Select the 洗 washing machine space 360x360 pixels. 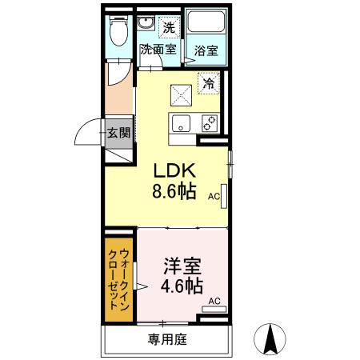[x=168, y=27]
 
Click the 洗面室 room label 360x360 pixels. [x=159, y=49]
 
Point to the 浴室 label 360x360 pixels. [x=206, y=50]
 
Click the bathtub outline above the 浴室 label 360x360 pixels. [x=206, y=24]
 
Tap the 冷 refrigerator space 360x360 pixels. [x=208, y=82]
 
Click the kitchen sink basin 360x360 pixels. [x=181, y=123]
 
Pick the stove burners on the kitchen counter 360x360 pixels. [x=209, y=123]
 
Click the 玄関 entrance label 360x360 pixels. [x=118, y=133]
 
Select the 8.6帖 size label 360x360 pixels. [x=175, y=193]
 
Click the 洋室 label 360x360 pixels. [x=182, y=265]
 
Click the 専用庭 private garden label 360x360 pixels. [x=166, y=339]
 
